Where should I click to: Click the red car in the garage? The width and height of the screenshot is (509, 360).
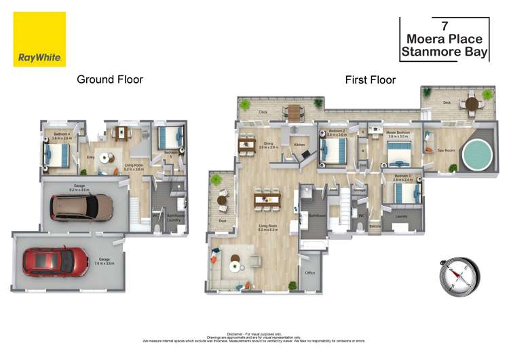point(56,261)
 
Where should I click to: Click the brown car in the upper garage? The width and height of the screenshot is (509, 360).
point(83,208)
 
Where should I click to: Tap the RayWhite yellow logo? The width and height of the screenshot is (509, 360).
point(39,39)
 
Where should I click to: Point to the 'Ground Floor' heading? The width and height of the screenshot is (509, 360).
point(109,79)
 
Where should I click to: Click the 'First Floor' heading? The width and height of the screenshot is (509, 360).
point(370,79)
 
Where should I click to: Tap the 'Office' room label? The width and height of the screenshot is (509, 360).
point(310,273)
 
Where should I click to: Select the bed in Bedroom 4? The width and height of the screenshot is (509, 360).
point(54,154)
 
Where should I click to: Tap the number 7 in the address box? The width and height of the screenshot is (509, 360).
point(445,26)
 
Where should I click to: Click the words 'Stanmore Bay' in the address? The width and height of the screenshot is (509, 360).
point(445,52)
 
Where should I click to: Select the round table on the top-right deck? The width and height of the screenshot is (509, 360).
point(470,104)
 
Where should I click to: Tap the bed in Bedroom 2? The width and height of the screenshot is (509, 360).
point(332,153)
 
